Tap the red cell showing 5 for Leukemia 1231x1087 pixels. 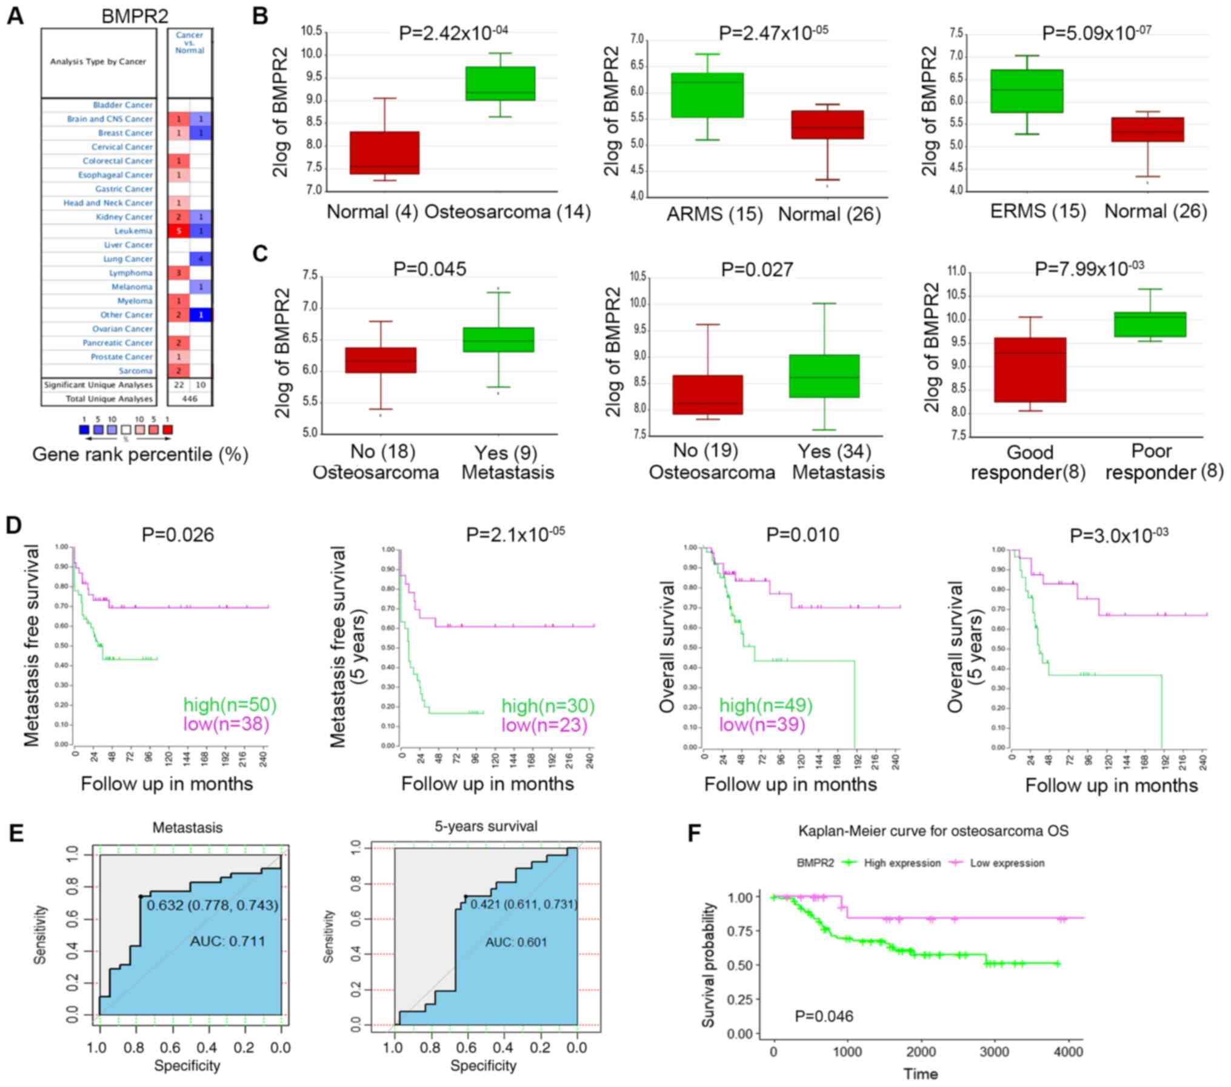179,231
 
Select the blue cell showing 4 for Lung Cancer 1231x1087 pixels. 201,259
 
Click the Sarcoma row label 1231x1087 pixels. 136,371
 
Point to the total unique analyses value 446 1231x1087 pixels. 190,399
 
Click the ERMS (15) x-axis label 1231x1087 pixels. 1038,211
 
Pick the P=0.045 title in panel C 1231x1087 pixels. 430,268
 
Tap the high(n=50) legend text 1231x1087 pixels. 230,705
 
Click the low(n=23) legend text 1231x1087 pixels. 544,725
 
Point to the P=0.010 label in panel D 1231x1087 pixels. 802,534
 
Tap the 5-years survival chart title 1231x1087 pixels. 485,826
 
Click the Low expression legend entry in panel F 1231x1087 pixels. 1007,863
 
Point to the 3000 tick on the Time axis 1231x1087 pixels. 995,1051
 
